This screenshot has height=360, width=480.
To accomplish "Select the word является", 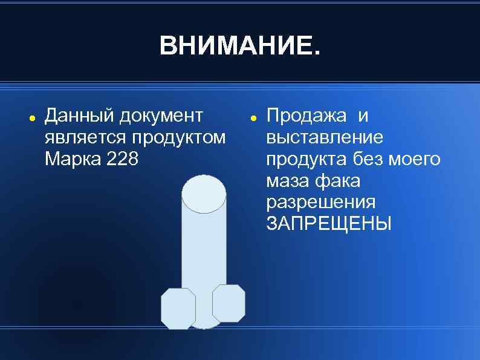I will [x=83, y=137].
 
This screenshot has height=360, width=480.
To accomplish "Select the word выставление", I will [x=325, y=137].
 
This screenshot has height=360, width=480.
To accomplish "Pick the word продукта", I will [x=305, y=159].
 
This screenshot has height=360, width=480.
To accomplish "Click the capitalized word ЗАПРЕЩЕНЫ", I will [x=329, y=224].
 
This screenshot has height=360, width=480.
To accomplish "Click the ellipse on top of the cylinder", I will [x=204, y=193].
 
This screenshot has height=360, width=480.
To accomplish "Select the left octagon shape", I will [x=178, y=308].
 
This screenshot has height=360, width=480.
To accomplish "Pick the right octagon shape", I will [x=229, y=303].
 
